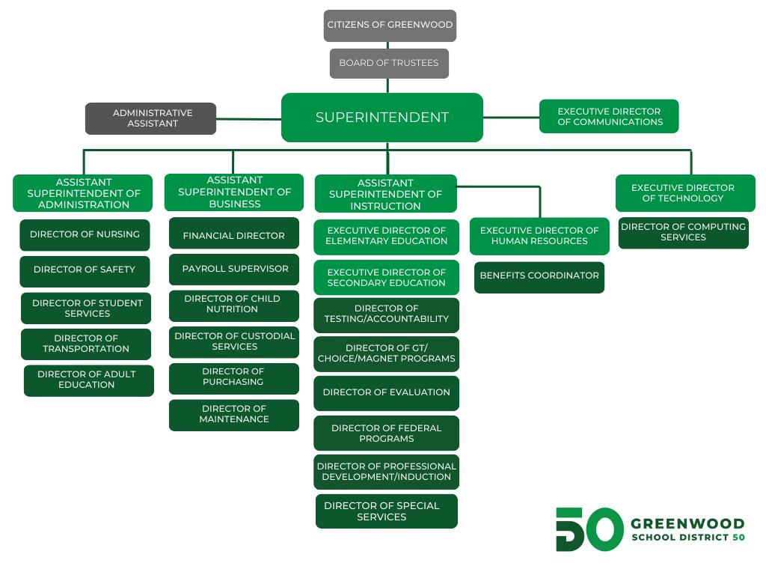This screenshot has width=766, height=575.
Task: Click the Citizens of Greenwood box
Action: click(389, 25)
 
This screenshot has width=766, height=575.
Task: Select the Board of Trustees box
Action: click(389, 64)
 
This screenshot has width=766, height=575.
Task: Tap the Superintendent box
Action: click(382, 118)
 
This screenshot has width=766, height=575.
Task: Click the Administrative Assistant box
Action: click(150, 118)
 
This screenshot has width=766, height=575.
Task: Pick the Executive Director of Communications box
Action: click(609, 117)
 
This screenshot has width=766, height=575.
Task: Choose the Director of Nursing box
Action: click(85, 235)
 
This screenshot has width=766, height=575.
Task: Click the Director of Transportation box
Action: click(86, 344)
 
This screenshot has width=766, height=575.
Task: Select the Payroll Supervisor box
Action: click(234, 270)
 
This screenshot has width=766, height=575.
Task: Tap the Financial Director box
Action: click(234, 236)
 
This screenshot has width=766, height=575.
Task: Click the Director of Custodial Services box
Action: click(234, 341)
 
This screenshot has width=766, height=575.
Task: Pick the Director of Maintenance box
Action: click(234, 415)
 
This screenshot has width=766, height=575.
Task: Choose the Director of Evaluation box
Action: click(386, 393)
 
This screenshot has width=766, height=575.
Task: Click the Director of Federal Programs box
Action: click(386, 433)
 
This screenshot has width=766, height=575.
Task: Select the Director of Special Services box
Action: click(386, 511)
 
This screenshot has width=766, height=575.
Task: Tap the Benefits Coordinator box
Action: click(539, 276)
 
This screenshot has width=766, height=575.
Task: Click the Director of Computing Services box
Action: click(683, 232)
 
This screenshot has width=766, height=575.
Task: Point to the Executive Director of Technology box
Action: click(684, 193)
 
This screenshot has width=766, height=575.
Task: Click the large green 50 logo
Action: click(589, 529)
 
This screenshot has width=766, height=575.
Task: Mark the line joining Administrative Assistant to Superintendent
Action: click(248, 118)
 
